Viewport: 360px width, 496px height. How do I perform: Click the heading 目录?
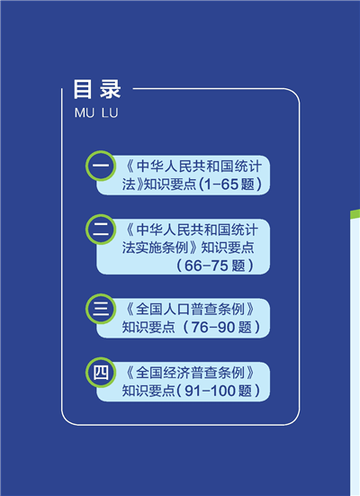[97, 89]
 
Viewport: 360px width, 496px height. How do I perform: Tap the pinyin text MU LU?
[96, 113]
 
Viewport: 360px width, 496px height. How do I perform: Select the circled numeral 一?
[101, 166]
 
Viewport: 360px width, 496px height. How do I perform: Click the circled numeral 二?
[101, 230]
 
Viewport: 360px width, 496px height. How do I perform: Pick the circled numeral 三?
[101, 309]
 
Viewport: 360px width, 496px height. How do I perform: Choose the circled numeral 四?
[101, 373]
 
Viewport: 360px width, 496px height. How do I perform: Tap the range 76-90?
[213, 328]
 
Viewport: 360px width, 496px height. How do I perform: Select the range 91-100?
[210, 391]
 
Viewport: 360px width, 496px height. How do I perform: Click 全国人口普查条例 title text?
[190, 310]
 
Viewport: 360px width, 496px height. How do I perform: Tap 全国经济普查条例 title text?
[190, 373]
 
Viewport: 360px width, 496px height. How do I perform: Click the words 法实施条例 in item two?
[155, 248]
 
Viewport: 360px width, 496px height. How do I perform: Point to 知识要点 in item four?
[148, 391]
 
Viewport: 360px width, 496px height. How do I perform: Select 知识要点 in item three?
[148, 328]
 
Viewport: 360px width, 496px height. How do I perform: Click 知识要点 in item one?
[170, 185]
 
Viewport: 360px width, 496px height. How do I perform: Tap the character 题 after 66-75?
[238, 266]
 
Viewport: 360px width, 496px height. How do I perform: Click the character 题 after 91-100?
[245, 391]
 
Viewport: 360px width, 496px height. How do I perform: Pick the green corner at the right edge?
[355, 214]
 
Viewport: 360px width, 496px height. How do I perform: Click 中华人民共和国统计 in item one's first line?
[199, 167]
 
